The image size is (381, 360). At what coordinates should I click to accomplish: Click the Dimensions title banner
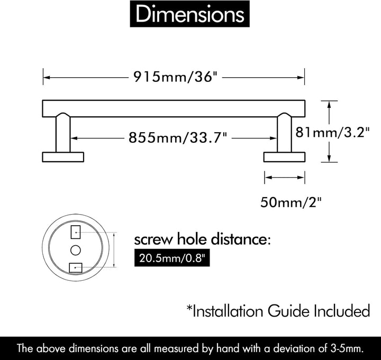coord(190,14)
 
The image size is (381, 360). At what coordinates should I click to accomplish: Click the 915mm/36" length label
coord(175,77)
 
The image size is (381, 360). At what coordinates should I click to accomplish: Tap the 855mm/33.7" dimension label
coord(178,137)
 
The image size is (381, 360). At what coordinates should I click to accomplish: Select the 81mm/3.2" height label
coord(332,133)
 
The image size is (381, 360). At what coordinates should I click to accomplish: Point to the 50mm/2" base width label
coord(291,202)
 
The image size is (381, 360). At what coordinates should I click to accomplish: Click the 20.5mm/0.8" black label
coord(172,258)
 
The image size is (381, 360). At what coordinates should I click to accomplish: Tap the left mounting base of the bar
coord(63,157)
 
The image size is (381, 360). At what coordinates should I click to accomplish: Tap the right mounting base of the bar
coord(284,157)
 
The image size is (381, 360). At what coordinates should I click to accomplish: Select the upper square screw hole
coord(76,232)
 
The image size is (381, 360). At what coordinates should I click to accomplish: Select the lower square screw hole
coord(76,268)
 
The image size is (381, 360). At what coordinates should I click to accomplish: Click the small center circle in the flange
coord(76,250)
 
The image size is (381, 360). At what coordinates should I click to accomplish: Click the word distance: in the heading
coord(241,239)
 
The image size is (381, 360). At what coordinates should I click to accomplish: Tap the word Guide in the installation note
coord(288,311)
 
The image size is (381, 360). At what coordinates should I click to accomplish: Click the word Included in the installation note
coord(342,311)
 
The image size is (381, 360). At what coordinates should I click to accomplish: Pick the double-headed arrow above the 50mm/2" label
coord(285,178)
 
